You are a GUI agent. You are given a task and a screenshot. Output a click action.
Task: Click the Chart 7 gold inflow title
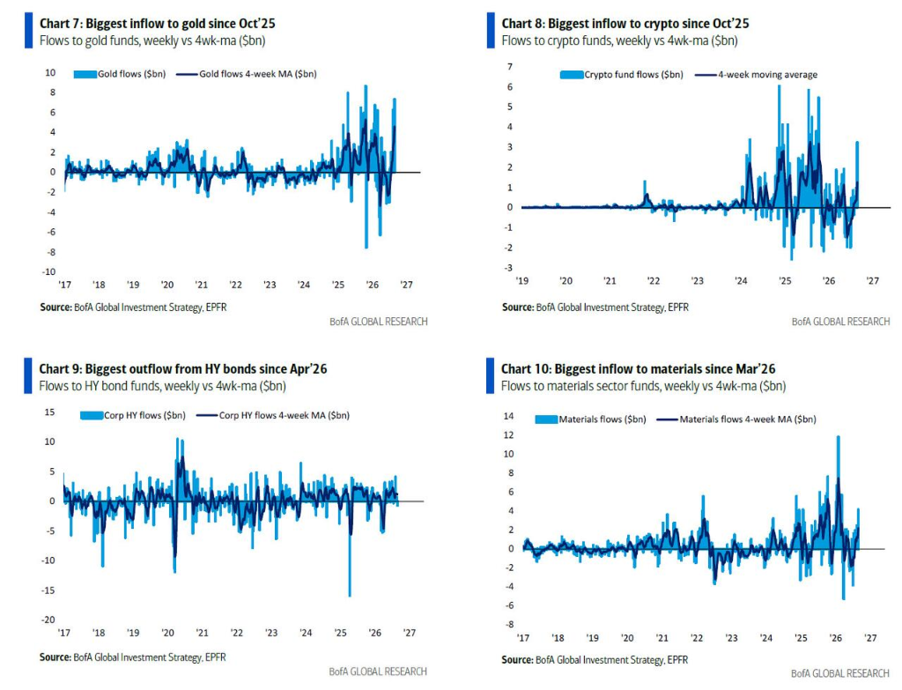pyautogui.click(x=157, y=24)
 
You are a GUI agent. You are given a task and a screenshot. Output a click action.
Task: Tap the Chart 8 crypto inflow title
pyautogui.click(x=625, y=24)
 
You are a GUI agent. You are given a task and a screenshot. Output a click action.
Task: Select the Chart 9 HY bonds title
pyautogui.click(x=183, y=369)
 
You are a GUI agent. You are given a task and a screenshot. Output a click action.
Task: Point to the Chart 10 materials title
pyautogui.click(x=638, y=369)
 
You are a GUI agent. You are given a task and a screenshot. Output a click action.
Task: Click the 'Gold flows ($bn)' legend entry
pyautogui.click(x=120, y=74)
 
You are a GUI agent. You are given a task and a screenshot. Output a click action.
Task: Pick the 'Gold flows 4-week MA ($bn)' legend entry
pyautogui.click(x=247, y=74)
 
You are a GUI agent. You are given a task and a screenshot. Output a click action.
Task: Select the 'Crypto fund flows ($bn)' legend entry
pyautogui.click(x=622, y=75)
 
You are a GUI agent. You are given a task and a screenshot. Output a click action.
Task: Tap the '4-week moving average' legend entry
pyautogui.click(x=757, y=75)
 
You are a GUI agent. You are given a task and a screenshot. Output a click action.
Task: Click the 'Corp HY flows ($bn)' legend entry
pyautogui.click(x=133, y=415)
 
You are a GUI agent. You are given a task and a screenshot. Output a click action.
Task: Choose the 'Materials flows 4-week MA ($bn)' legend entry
pyautogui.click(x=736, y=419)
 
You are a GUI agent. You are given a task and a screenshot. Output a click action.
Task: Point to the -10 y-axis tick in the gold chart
pyautogui.click(x=49, y=271)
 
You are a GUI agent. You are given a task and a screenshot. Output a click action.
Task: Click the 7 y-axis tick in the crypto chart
pyautogui.click(x=510, y=67)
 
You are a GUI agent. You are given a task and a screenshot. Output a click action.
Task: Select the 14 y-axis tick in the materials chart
pyautogui.click(x=508, y=416)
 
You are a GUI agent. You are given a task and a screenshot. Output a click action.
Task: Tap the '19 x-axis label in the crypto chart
pyautogui.click(x=521, y=281)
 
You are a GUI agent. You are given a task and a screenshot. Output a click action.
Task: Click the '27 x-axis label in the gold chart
pyautogui.click(x=406, y=285)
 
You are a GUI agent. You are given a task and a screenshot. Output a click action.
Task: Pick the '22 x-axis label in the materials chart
pyautogui.click(x=697, y=638)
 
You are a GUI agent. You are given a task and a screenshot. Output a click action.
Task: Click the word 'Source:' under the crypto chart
pyautogui.click(x=518, y=308)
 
